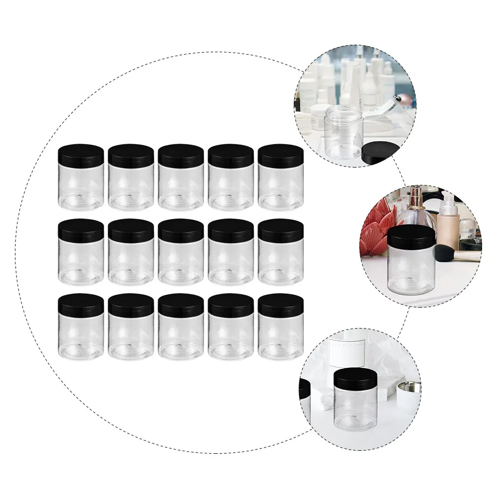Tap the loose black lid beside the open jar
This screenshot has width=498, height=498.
[x=380, y=153]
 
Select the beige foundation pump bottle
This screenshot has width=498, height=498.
[x=448, y=224]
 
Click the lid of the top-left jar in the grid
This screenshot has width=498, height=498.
[x=81, y=155]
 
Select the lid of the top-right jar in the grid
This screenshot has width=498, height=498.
[x=280, y=156]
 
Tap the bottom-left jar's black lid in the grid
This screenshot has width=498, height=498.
[x=81, y=305]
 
